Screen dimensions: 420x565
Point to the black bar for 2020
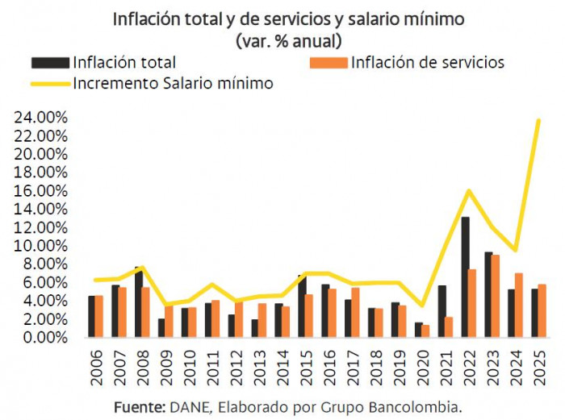tap(418, 330)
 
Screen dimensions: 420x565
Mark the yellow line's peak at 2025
tap(538, 121)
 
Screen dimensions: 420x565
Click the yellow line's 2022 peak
tap(469, 191)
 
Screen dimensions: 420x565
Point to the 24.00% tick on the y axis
tap(40, 117)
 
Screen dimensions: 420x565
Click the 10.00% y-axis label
tap(40, 246)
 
